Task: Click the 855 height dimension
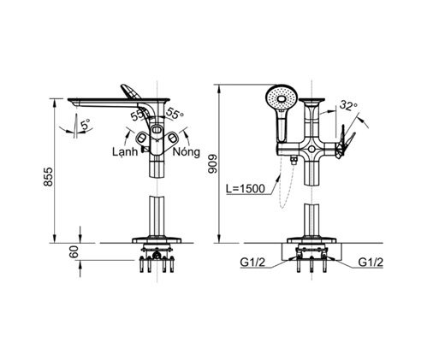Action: (49, 177)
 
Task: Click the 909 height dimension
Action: (213, 164)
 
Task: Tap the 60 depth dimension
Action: (74, 251)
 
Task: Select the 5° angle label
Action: (85, 125)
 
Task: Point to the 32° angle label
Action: (348, 106)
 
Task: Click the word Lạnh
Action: (125, 152)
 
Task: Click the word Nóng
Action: (187, 152)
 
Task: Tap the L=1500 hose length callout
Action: (246, 188)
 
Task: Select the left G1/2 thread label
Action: (252, 263)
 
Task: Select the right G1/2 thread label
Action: (371, 263)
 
